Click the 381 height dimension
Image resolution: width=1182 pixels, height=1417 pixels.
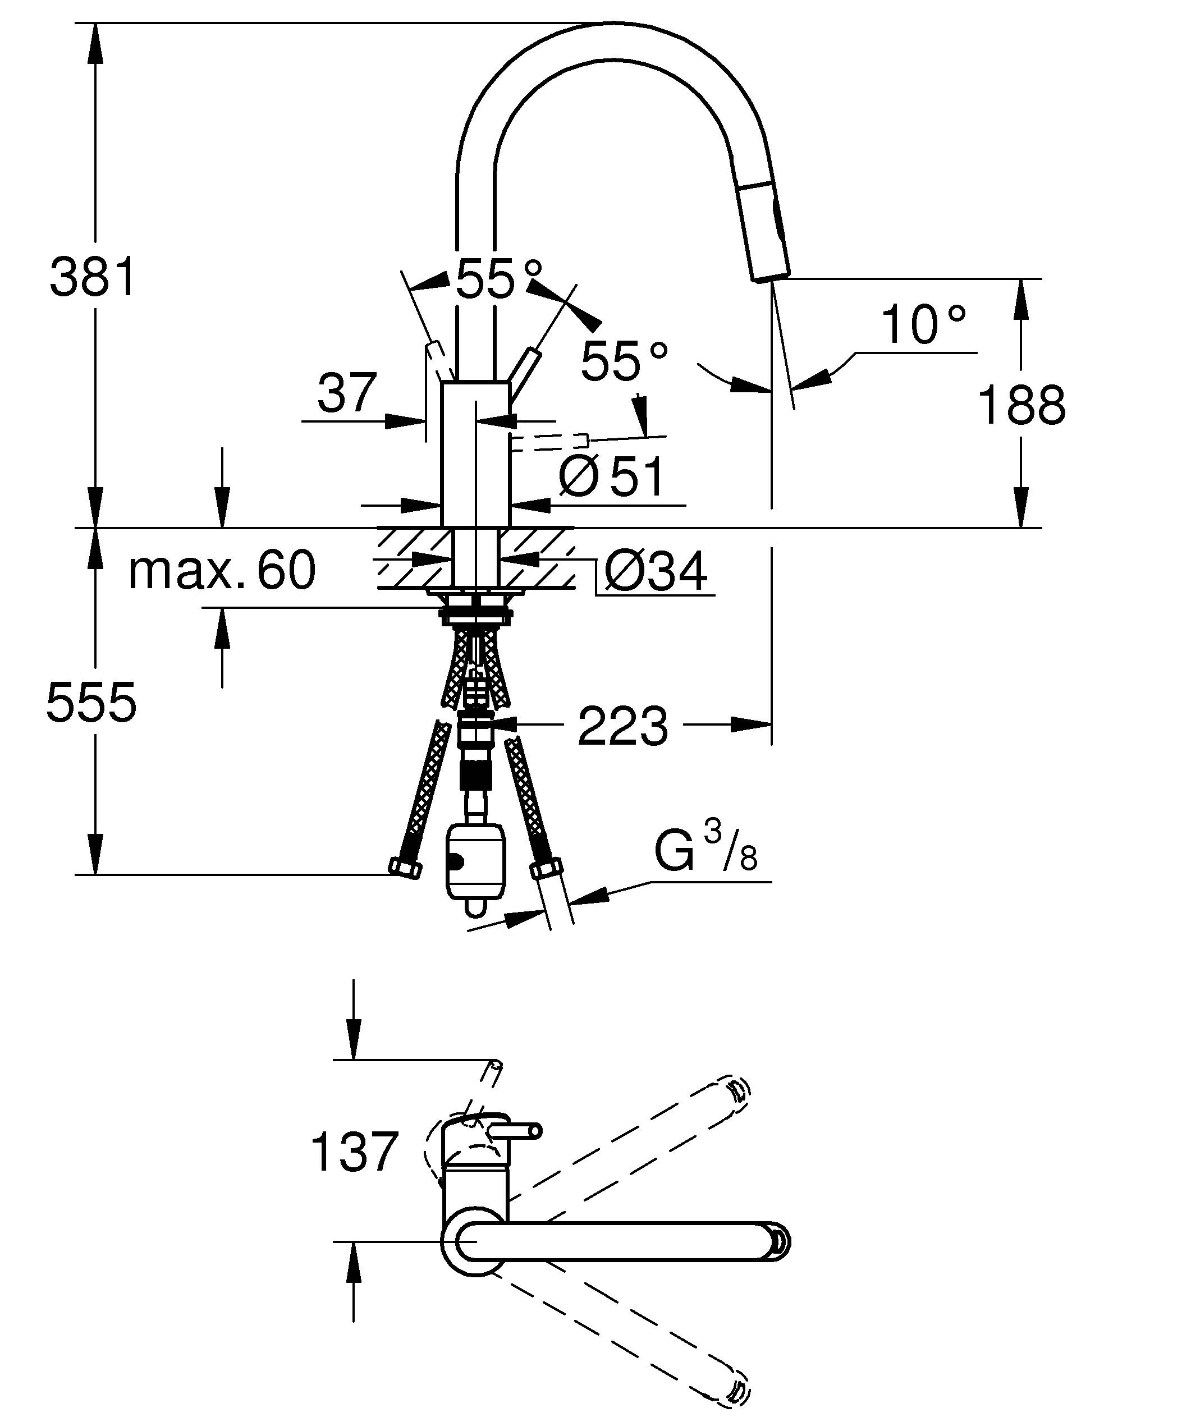(93, 277)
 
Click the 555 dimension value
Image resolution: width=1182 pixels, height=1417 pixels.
(91, 703)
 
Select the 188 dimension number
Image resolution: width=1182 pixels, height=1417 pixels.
(1021, 406)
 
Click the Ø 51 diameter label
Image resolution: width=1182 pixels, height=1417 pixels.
(611, 477)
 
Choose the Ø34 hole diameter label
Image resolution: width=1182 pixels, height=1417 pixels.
(656, 571)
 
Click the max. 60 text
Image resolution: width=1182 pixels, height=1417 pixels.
(222, 571)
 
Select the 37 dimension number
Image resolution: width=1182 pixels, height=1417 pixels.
(347, 393)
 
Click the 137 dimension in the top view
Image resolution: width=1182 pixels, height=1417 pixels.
(354, 1153)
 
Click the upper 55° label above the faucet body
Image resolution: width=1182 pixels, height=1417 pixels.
(498, 279)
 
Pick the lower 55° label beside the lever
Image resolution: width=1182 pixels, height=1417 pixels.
(625, 363)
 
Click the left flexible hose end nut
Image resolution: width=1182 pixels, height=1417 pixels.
(405, 868)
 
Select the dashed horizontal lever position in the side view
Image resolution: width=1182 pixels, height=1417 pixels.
(550, 443)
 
